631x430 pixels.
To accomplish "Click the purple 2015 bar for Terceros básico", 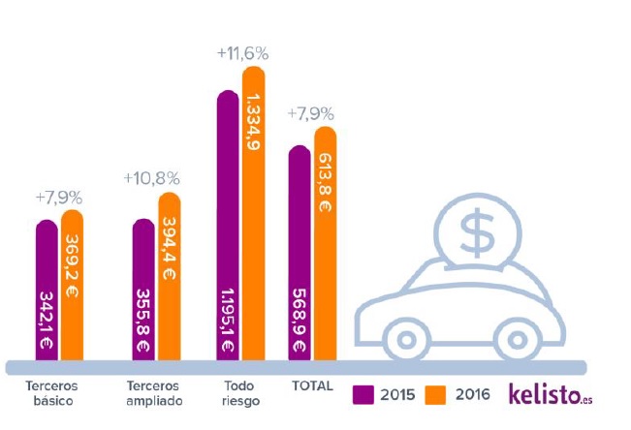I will coord(47,291).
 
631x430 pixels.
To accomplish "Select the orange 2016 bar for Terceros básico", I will coord(72,285).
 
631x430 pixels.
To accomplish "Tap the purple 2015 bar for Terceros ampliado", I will coord(143,290).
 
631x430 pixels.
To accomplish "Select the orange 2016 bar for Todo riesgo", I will coord(253,213).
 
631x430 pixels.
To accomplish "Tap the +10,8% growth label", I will coord(153,180).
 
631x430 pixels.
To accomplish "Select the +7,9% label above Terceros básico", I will coord(58,198).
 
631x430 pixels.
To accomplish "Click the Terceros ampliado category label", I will coord(154,393).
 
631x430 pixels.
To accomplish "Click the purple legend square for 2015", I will coord(364,394).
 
